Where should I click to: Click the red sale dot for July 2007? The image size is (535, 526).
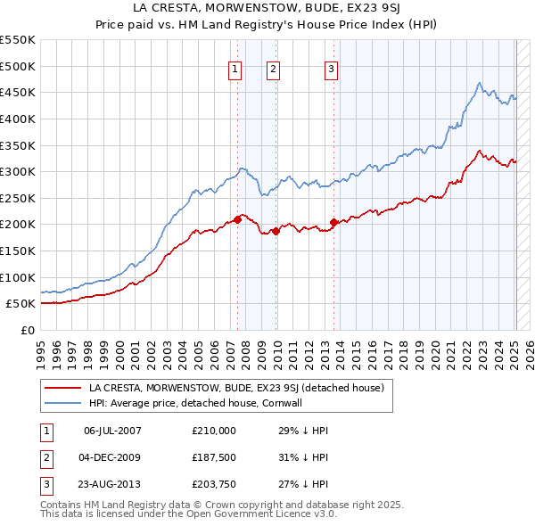click(x=237, y=218)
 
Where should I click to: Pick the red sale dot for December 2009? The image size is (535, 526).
click(x=276, y=230)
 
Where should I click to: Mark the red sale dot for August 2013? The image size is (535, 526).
click(x=334, y=222)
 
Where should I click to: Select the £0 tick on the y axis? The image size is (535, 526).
click(x=27, y=330)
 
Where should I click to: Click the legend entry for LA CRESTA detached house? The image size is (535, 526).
click(x=235, y=388)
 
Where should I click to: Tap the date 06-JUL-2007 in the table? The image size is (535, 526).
click(x=112, y=431)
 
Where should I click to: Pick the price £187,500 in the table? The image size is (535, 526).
click(x=214, y=458)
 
